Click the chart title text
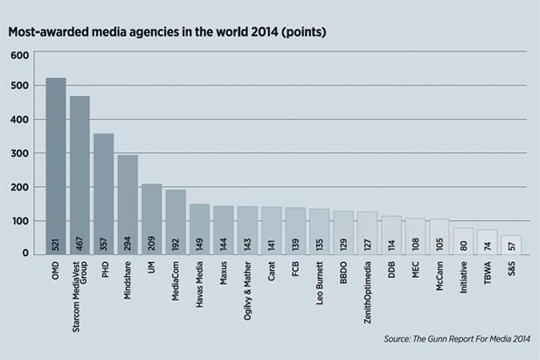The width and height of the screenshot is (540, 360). [x=168, y=32]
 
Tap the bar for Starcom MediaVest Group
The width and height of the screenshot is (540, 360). [x=80, y=175]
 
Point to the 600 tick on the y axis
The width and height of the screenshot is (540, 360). [x=20, y=54]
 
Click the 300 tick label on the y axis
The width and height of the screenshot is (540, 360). [x=20, y=154]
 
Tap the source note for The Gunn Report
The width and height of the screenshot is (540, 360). [x=458, y=338]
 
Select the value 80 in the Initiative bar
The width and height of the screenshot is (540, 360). [x=463, y=245]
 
